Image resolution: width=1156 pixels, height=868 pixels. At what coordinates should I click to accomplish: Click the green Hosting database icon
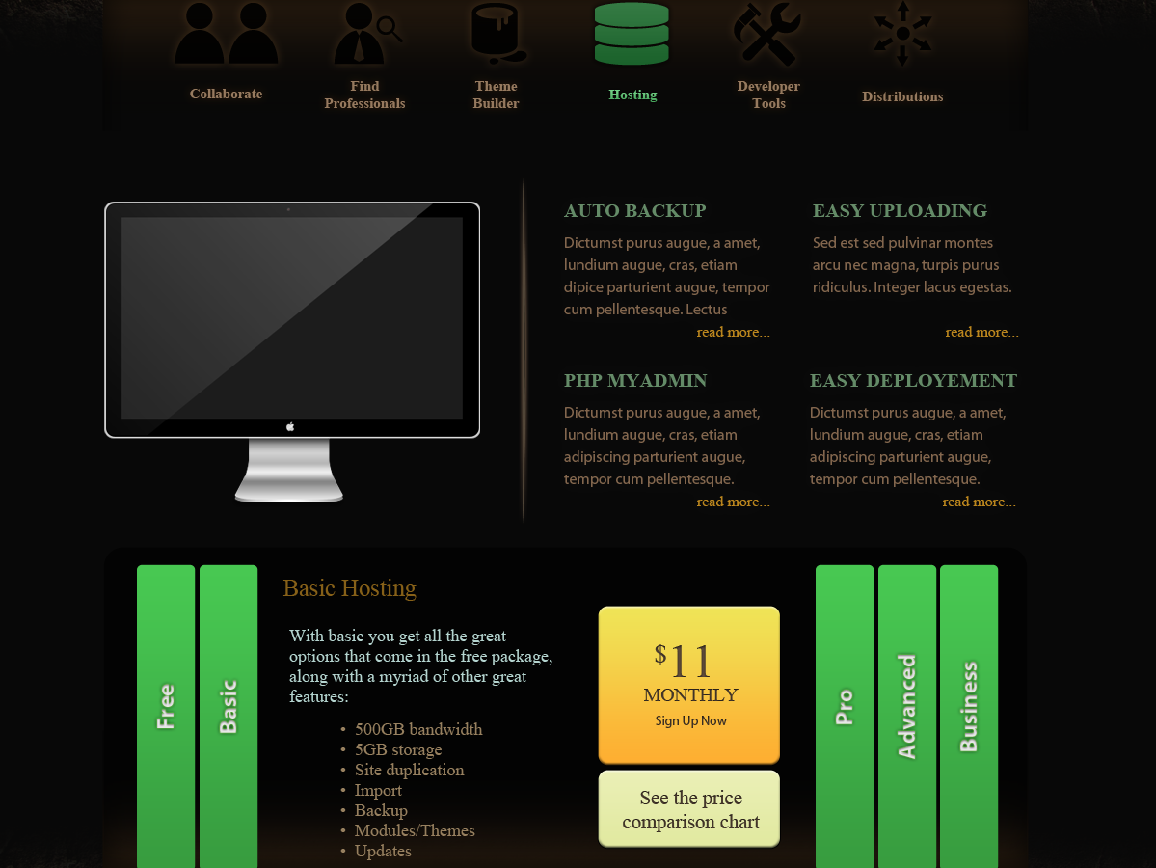[x=632, y=33]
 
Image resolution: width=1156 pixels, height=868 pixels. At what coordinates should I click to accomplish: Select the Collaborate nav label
[x=226, y=94]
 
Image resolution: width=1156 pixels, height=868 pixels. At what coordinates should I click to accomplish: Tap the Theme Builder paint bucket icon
[x=498, y=33]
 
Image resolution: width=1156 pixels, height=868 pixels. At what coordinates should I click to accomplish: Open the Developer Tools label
[x=768, y=95]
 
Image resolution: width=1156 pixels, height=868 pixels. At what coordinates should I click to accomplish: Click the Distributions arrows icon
[x=902, y=34]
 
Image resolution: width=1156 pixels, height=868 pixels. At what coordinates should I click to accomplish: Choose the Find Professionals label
[x=365, y=95]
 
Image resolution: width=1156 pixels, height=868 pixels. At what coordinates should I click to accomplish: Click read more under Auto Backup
[x=733, y=332]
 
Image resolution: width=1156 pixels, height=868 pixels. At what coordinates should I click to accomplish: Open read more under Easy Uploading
[x=982, y=332]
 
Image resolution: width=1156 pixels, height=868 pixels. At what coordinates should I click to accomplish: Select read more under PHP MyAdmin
[x=733, y=502]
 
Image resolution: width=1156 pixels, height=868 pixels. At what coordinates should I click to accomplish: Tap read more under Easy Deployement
[x=979, y=502]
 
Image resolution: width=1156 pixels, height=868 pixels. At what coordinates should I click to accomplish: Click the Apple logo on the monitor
[x=290, y=426]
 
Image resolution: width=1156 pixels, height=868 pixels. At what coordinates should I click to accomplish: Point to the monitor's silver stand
[x=289, y=471]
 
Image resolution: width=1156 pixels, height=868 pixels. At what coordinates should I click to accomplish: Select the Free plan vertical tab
[x=166, y=716]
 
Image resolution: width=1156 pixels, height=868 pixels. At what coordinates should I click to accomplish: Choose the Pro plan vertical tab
[x=845, y=716]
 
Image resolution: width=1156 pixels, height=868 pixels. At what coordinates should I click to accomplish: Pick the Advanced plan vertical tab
[x=907, y=716]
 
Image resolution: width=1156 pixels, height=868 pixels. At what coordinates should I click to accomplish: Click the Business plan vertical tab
[x=969, y=716]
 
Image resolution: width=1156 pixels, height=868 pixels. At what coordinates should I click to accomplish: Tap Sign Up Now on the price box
[x=690, y=720]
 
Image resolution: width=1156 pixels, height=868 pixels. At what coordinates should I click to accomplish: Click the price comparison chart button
[x=689, y=809]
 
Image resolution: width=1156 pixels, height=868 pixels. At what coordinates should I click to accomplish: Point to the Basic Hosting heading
[x=349, y=587]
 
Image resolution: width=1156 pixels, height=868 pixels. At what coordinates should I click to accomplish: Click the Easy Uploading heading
[x=900, y=211]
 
